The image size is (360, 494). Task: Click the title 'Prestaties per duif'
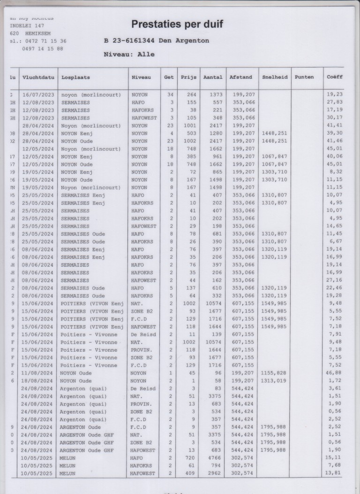[x=177, y=24]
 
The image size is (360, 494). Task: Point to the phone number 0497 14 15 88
[x=42, y=48]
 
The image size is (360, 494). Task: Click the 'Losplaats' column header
[x=75, y=77]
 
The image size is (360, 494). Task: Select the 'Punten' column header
[x=305, y=77]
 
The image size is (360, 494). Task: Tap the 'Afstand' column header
[x=240, y=77]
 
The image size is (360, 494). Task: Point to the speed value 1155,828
[x=274, y=373]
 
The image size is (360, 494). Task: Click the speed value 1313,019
[x=274, y=381]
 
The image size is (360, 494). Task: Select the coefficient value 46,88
[x=335, y=373]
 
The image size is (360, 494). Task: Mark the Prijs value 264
[x=192, y=94]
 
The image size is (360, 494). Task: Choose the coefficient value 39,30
[x=335, y=133]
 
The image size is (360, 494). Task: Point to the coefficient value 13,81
[x=335, y=473]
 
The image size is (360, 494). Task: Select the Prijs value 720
[x=192, y=457]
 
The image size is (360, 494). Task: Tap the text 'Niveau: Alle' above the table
[x=129, y=54]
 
